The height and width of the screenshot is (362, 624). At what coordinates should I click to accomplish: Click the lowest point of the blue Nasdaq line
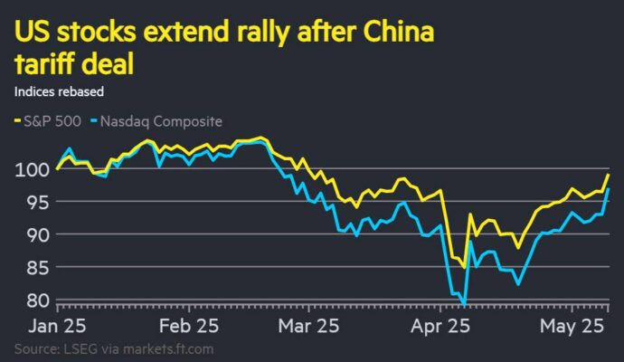click(x=464, y=304)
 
